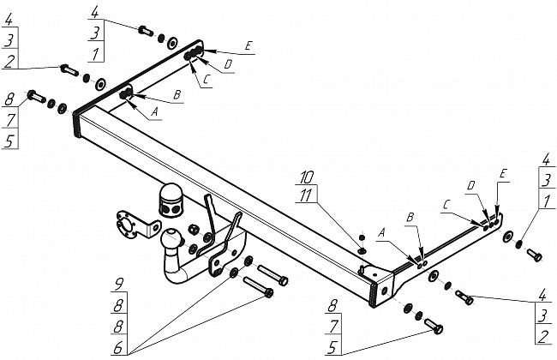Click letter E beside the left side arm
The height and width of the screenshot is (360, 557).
[249, 46]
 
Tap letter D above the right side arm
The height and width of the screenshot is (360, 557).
[471, 185]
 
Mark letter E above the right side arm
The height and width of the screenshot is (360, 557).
[503, 174]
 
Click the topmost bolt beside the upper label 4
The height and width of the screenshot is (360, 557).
[145, 32]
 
